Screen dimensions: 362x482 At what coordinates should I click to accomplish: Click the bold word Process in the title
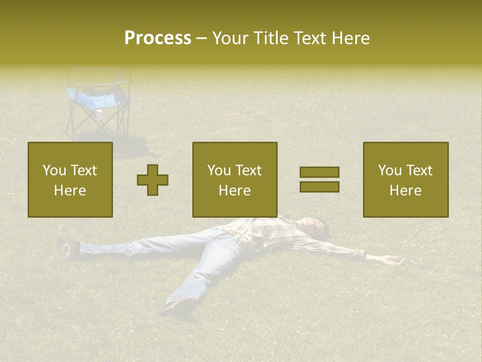[x=158, y=38]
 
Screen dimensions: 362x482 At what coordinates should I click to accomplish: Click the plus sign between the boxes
[x=153, y=180]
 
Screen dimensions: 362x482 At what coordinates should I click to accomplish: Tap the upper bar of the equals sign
[x=319, y=172]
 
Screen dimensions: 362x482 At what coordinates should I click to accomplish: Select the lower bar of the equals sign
[x=319, y=187]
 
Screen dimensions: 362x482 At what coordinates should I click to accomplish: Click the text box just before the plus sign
[x=70, y=179]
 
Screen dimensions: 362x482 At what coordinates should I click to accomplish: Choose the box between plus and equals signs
[x=234, y=179]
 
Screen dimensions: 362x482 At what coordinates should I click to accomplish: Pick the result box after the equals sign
[x=405, y=179]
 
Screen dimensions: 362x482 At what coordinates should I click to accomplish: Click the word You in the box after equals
[x=390, y=170]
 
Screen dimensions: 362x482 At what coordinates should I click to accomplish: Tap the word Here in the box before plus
[x=70, y=191]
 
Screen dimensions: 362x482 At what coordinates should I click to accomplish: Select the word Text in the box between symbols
[x=249, y=170]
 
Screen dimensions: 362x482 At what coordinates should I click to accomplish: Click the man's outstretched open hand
[x=391, y=259]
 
